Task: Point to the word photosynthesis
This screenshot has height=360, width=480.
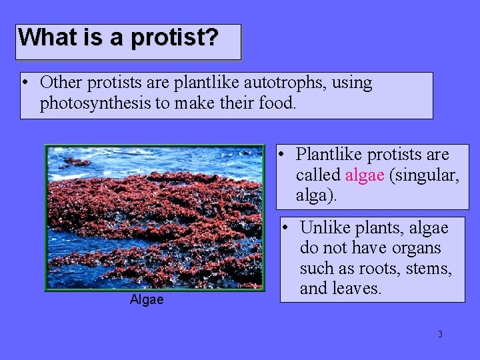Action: point(90,104)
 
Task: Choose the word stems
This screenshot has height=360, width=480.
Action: point(430,269)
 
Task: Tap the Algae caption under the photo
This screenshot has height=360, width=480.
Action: point(146,300)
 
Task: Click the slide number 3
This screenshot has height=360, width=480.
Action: point(440,334)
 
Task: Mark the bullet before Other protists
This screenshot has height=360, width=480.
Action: point(25,84)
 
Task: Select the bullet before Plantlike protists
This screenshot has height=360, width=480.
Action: point(283,155)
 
